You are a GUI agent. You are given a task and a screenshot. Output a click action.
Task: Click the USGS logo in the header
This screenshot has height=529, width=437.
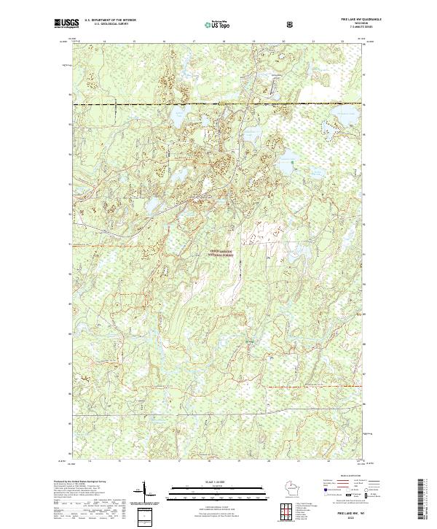pos(63,23)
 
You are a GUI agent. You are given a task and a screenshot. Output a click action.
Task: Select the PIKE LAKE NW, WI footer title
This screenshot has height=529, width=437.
pos(352,514)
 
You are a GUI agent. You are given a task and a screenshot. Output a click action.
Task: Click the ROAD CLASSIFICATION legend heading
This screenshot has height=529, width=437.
pos(345,475)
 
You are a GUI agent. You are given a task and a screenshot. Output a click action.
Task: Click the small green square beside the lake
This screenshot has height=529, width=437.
pos(249,342)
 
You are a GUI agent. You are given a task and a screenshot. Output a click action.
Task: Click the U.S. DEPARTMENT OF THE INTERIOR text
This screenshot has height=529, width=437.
pos(109,20)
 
